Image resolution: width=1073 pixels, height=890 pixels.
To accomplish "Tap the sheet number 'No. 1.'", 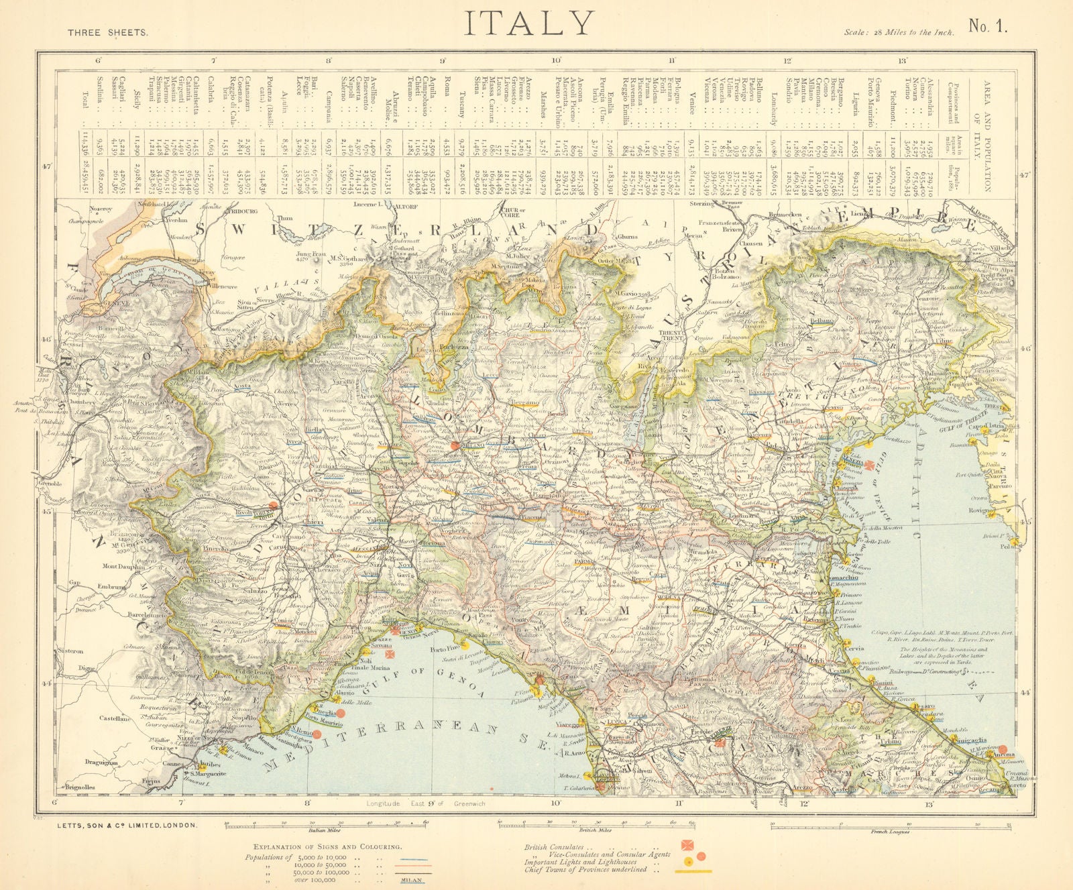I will pyautogui.click(x=988, y=27).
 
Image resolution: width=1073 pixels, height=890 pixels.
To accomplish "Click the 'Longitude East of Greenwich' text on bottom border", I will pyautogui.click(x=426, y=803).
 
